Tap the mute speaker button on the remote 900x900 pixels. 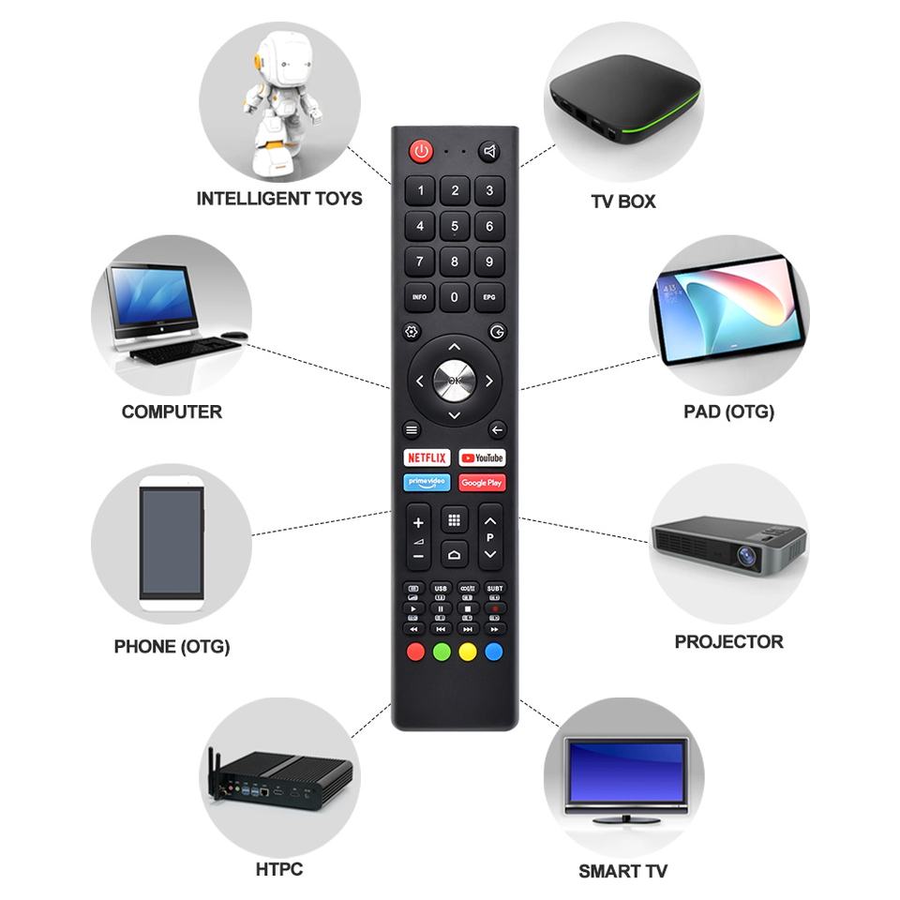pyautogui.click(x=489, y=152)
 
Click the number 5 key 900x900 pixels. pyautogui.click(x=455, y=226)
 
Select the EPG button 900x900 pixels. pyautogui.click(x=489, y=297)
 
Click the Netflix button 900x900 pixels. pyautogui.click(x=427, y=457)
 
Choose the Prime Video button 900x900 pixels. pyautogui.click(x=427, y=482)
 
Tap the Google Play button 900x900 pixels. pyautogui.click(x=482, y=482)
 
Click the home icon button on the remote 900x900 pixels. pyautogui.click(x=455, y=555)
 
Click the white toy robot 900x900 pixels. pyautogui.click(x=278, y=103)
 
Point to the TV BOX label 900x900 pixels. pyautogui.click(x=623, y=202)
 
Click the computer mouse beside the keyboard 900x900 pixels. pyautogui.click(x=235, y=335)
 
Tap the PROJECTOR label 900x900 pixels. pyautogui.click(x=728, y=642)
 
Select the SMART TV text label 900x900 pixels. pyautogui.click(x=622, y=871)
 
